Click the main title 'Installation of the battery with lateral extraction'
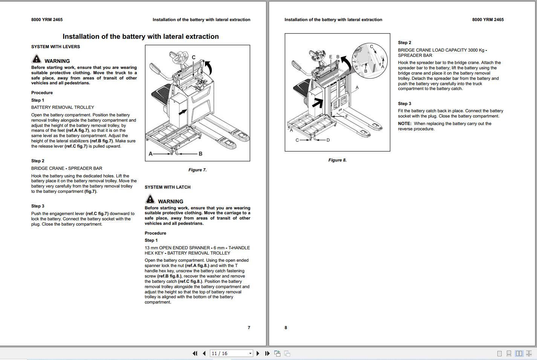pos(141,37)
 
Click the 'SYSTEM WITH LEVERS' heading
pos(55,47)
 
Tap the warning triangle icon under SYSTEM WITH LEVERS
pos(36,59)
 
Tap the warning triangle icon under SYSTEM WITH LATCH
pos(150,199)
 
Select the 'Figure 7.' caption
pos(197,170)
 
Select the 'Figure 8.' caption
pos(337,160)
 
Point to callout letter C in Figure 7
pos(194,58)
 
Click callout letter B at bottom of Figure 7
pos(200,154)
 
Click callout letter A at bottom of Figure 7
pos(151,154)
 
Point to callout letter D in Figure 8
pos(328,140)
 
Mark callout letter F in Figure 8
pos(347,116)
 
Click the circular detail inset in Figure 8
pos(369,61)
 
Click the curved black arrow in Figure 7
pos(208,67)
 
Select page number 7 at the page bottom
pos(249,328)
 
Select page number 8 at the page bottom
pos(286,328)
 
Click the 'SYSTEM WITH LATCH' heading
pos(167,187)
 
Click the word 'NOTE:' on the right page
pos(404,124)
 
